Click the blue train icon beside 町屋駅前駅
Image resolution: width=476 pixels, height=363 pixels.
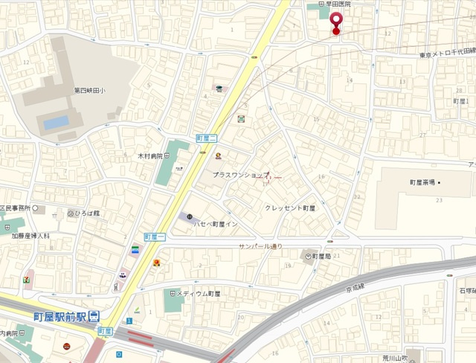click(x=94, y=316)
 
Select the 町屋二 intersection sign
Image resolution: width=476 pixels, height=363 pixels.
click(x=205, y=138)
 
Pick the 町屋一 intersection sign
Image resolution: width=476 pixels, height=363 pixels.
click(x=153, y=236)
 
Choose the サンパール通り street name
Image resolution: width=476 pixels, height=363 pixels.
click(x=260, y=245)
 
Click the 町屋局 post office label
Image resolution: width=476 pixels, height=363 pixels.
click(x=321, y=256)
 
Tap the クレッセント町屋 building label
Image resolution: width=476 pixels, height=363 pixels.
click(x=290, y=208)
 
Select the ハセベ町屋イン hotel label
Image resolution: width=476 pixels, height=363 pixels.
click(x=216, y=223)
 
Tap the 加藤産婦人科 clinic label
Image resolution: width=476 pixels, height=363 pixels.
click(x=30, y=235)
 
